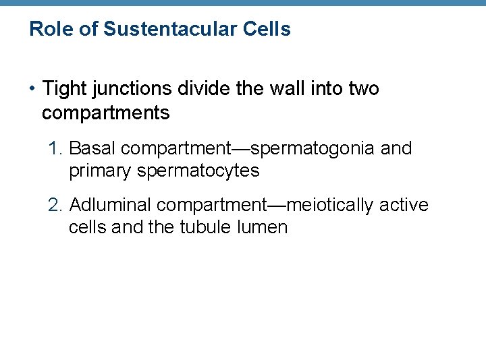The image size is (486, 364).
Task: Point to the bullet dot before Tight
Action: coord(33,89)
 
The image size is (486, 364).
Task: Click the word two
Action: coord(364,89)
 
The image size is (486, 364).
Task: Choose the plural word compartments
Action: coord(105,113)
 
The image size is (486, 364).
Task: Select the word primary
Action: coord(100,171)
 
